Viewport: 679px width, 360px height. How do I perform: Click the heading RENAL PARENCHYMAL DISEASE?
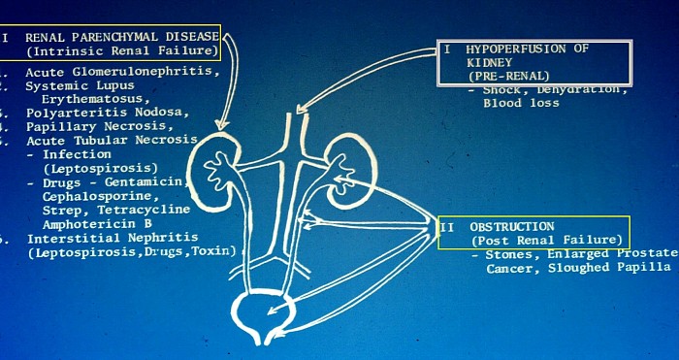[x=120, y=37]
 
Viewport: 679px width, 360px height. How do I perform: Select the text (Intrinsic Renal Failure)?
[x=121, y=50]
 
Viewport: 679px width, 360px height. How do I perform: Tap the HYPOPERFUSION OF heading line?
[x=528, y=48]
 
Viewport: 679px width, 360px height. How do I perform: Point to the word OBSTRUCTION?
[x=512, y=226]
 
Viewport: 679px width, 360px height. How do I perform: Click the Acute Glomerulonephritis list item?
[x=122, y=72]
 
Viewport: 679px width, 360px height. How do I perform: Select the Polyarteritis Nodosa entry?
[x=108, y=113]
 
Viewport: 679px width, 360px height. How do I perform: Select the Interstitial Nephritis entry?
[x=113, y=237]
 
